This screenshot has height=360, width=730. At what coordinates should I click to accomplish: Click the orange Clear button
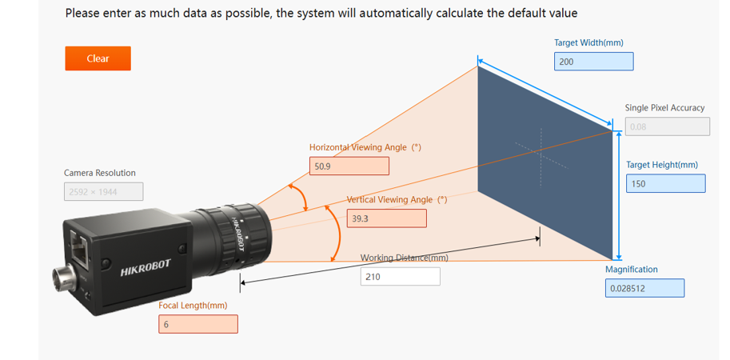tap(98, 58)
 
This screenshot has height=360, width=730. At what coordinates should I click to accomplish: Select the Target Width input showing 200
tap(593, 62)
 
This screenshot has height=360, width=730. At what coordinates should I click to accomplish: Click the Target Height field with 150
tap(666, 183)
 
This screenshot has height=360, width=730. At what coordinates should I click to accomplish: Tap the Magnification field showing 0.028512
tap(644, 288)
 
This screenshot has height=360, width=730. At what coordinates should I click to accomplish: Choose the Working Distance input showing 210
tap(400, 277)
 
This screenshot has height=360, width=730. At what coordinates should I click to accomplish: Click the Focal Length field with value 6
tap(198, 324)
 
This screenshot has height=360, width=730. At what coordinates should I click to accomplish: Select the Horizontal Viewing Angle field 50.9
tap(349, 166)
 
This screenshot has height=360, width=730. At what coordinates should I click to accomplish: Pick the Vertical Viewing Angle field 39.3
tap(386, 218)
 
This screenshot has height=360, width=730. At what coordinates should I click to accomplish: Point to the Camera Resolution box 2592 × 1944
tap(103, 191)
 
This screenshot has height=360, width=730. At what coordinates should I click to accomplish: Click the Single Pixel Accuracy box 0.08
tap(668, 126)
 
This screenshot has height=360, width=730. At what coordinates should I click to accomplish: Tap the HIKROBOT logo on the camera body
tap(146, 268)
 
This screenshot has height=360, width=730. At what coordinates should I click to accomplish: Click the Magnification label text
tap(632, 269)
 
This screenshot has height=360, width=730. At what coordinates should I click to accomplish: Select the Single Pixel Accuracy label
tap(664, 107)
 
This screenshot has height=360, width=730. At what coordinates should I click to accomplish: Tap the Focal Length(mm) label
tap(193, 306)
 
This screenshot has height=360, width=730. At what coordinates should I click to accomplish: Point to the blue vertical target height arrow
tap(618, 196)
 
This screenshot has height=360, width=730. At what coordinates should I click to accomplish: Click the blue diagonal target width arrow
tap(545, 92)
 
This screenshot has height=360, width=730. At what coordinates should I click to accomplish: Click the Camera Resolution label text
tap(100, 173)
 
